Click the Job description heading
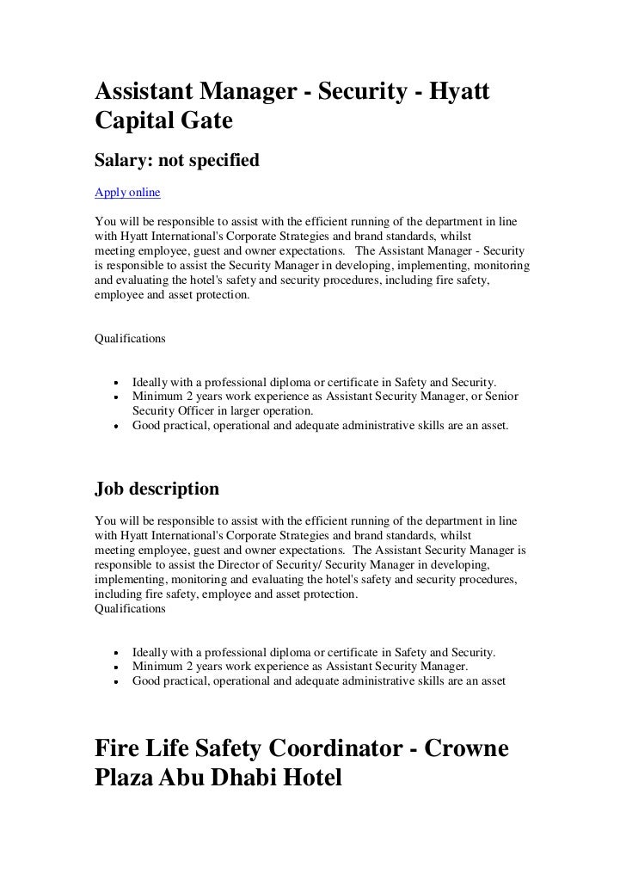(156, 489)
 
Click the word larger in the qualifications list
(255, 410)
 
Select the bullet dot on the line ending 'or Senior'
(114, 397)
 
